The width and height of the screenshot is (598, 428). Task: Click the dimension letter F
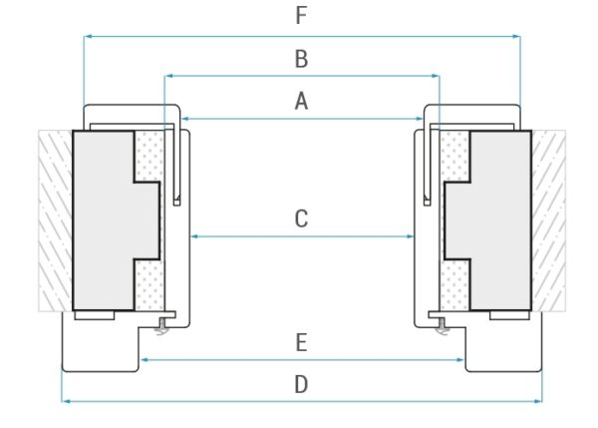[x=302, y=16]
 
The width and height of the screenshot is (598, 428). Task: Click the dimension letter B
[x=302, y=59]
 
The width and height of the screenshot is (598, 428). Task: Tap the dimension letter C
[x=302, y=218]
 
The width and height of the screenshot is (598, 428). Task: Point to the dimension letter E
[x=302, y=342]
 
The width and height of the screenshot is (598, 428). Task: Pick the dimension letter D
[x=302, y=384]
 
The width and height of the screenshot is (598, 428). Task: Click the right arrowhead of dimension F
[x=516, y=37]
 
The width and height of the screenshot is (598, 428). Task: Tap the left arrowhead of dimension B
[x=168, y=75]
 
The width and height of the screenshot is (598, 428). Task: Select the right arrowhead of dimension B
[x=436, y=75]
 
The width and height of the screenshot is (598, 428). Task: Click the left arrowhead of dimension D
[x=66, y=401]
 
